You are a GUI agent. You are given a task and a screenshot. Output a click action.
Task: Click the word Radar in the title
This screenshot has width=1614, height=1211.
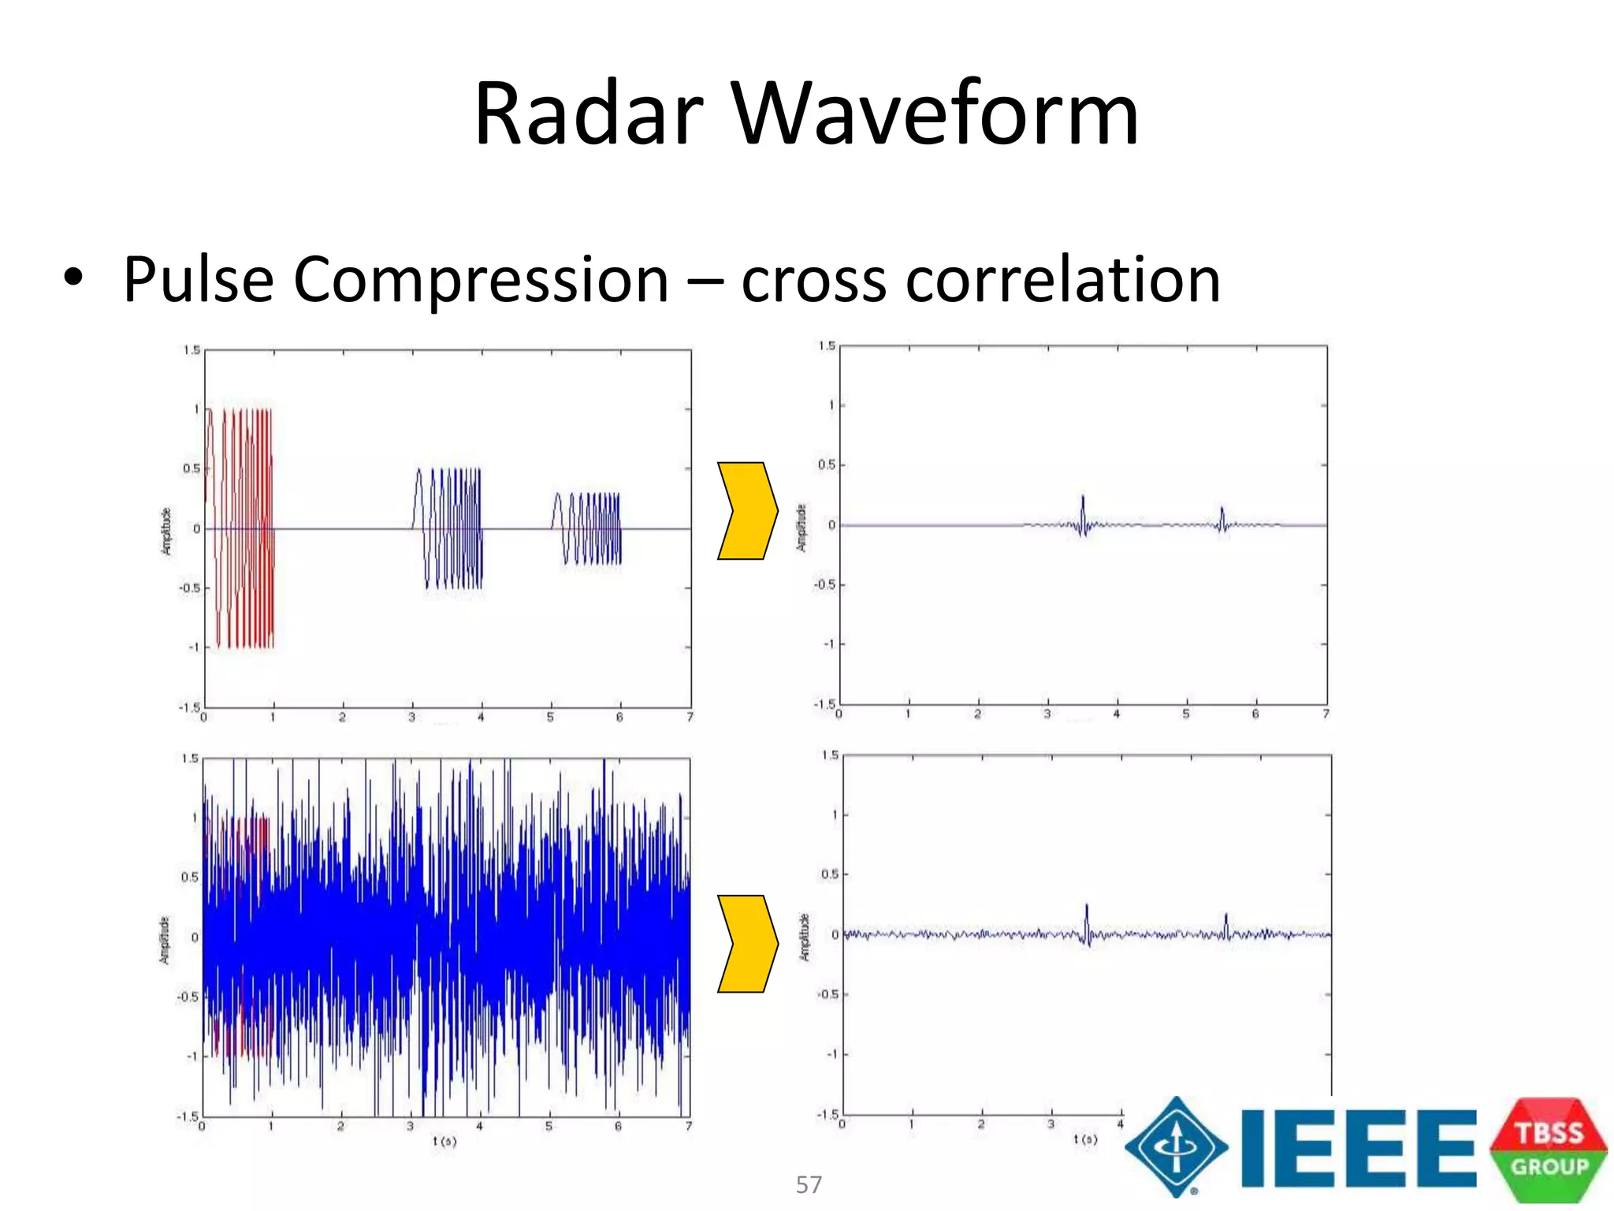(588, 114)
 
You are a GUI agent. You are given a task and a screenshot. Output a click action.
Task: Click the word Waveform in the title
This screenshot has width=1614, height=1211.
(935, 114)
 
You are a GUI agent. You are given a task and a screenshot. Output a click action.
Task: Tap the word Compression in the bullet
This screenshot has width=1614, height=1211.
(481, 280)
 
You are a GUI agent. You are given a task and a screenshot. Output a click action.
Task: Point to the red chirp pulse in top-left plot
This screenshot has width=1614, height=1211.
(240, 528)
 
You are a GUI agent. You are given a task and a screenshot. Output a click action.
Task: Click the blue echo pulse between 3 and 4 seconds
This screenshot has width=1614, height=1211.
(448, 528)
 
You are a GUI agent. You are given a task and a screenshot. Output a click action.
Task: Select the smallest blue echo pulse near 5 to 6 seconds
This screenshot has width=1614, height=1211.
(587, 528)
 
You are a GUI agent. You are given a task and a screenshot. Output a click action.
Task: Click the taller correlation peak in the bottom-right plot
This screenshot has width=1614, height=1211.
(1087, 921)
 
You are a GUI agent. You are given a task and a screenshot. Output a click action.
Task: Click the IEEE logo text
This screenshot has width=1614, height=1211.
(1357, 1148)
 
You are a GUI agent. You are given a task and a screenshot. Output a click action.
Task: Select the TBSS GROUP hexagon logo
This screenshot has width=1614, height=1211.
(1549, 1150)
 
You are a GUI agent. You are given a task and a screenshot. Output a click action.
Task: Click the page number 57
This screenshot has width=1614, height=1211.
(809, 1184)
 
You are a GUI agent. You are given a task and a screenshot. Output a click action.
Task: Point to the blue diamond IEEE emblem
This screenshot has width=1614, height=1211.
(1176, 1148)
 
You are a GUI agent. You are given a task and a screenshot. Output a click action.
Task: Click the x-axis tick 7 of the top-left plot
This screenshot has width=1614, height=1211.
(690, 717)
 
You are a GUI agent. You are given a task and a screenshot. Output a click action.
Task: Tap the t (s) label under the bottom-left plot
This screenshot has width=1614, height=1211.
(444, 1141)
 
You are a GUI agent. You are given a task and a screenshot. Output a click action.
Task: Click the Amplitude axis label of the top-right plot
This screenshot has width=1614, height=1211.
(801, 527)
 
